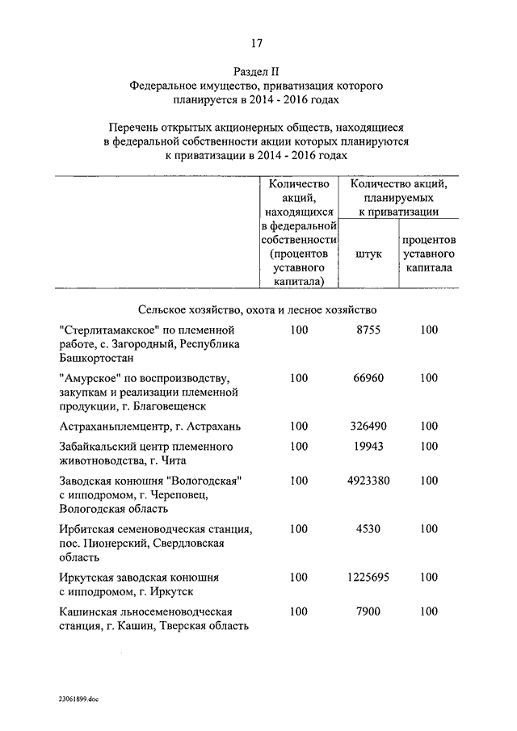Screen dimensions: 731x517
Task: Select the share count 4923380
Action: [x=368, y=481]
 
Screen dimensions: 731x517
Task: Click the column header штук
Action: [x=368, y=254]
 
